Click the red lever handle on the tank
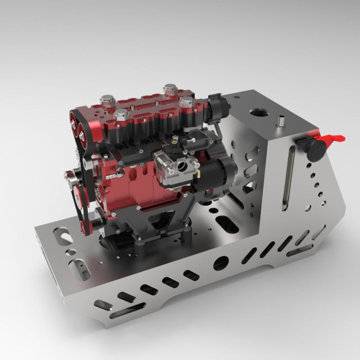332,138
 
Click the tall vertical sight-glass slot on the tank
286,177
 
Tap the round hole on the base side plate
221,263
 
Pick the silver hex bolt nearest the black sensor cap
186,102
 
